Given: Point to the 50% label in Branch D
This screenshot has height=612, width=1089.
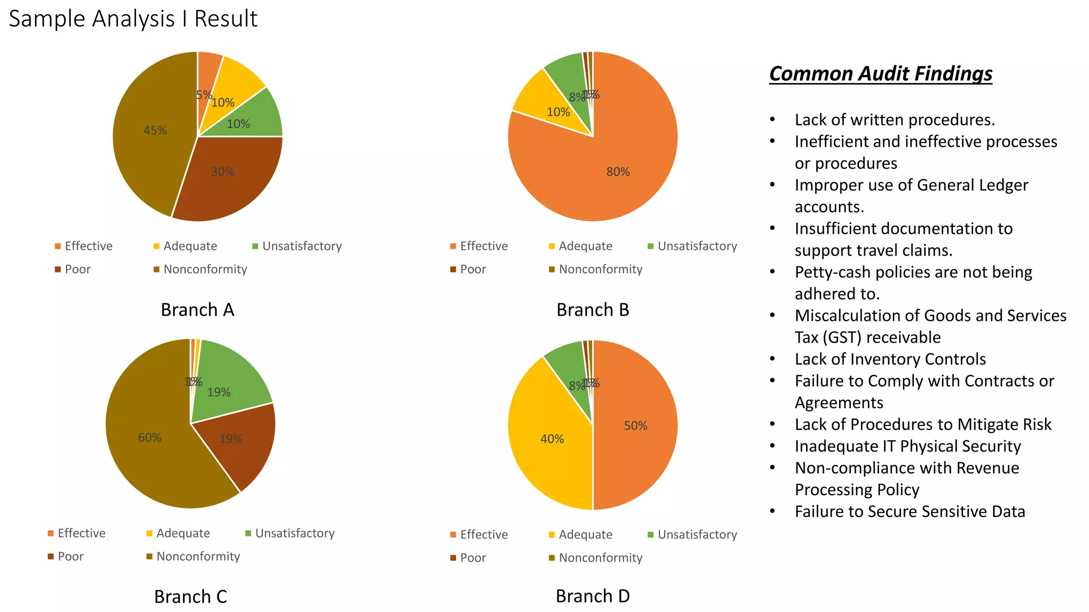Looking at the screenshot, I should pos(635,426).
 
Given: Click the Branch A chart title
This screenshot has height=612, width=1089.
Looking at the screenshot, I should pos(197,310).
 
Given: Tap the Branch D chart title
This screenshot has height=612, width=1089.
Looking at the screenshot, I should pos(592,596).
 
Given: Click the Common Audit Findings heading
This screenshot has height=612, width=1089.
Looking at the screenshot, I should pos(881,74).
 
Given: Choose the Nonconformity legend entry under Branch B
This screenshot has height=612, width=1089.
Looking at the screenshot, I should pos(600,269).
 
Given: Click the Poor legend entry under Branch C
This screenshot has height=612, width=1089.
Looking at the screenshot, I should pos(70,556).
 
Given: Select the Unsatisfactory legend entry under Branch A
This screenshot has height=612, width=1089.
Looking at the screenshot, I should pos(301,246).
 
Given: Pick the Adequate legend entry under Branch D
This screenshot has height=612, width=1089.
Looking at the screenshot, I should pos(585,534).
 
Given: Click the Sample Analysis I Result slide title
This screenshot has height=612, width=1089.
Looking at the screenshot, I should pos(133,19).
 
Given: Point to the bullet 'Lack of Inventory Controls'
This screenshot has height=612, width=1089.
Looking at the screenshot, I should pos(890,359).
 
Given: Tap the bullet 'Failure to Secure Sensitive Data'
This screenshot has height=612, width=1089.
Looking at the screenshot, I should pos(910,511).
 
